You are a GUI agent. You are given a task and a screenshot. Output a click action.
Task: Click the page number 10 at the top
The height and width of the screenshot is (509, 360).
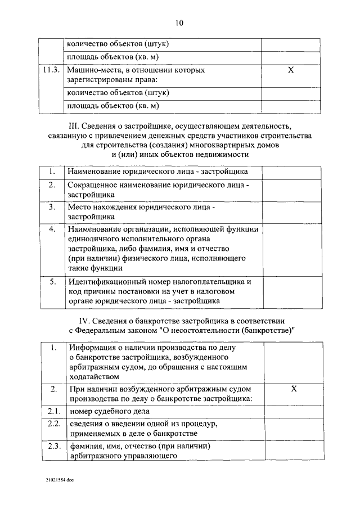tap(179, 23)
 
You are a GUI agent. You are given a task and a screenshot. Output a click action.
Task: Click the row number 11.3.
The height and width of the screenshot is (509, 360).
tap(51, 71)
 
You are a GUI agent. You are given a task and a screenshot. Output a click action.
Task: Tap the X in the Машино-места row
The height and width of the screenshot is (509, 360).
tap(290, 71)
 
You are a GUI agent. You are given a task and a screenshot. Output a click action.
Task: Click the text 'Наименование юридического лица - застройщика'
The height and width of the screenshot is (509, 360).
tap(157, 171)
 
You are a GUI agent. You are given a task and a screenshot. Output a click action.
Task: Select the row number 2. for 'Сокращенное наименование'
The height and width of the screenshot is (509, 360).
tap(51, 184)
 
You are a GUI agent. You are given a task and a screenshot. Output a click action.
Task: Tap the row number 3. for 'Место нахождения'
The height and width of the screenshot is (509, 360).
tap(51, 207)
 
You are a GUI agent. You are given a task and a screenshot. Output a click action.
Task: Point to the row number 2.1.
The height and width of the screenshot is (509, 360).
tap(53, 412)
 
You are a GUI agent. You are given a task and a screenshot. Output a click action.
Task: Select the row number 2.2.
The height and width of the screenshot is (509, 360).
tap(53, 424)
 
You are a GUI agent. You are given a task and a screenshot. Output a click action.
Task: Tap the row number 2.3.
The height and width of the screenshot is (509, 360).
tap(53, 446)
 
